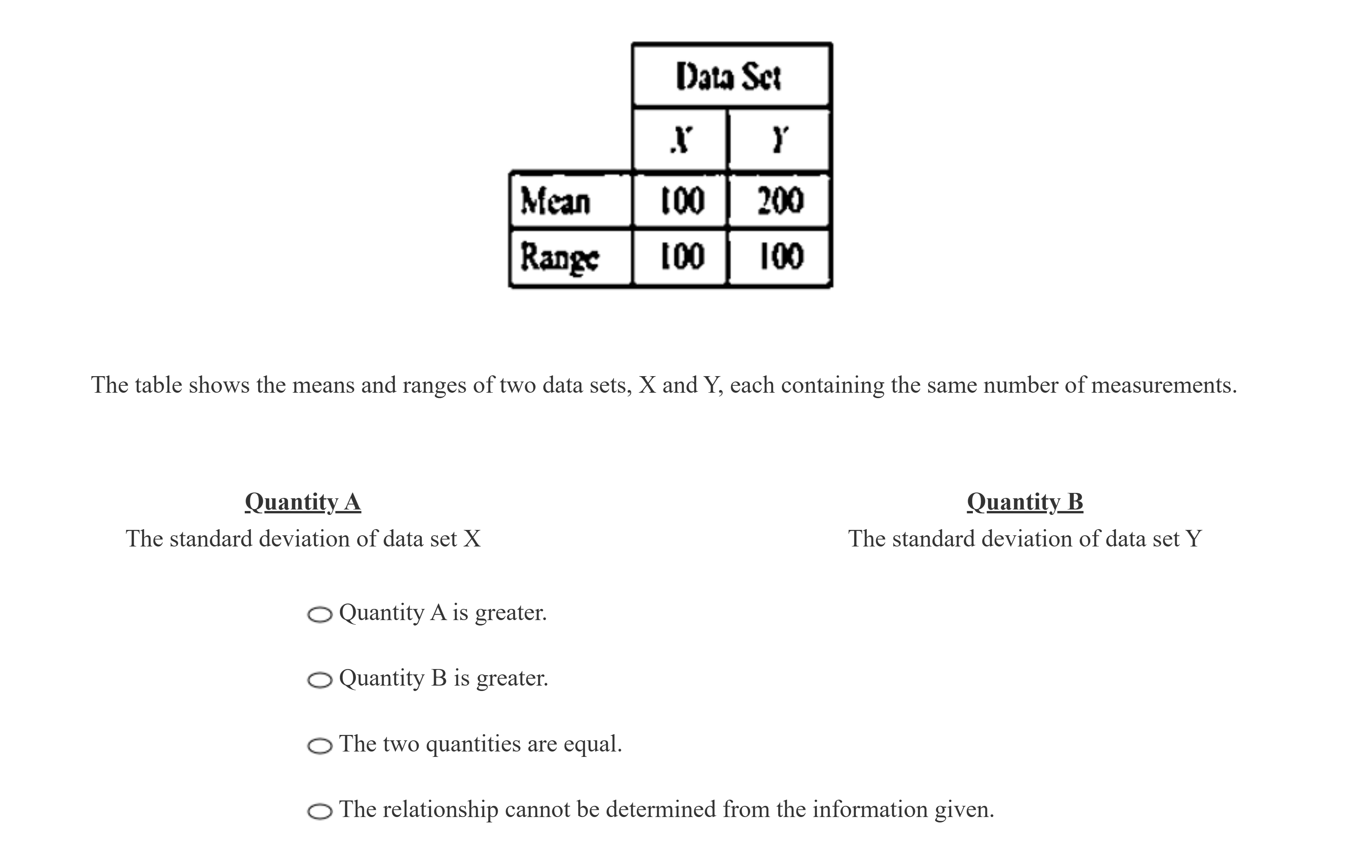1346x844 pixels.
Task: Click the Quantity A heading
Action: (303, 502)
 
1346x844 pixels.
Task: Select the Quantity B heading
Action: (1025, 502)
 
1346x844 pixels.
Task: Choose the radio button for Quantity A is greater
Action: (320, 615)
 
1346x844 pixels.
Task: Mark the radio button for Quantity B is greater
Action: (320, 680)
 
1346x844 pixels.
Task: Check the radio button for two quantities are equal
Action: (320, 746)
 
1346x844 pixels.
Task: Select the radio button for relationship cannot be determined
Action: (320, 811)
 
